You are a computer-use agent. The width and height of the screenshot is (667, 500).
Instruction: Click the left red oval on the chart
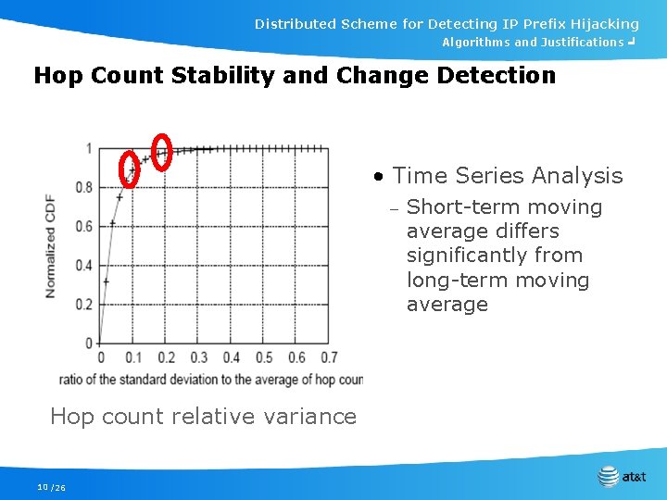click(x=130, y=169)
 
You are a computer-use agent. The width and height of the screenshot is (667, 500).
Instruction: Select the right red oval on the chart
click(x=161, y=152)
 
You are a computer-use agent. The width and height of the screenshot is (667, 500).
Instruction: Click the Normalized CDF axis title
click(x=50, y=245)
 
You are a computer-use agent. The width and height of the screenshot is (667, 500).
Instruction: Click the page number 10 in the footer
click(x=43, y=487)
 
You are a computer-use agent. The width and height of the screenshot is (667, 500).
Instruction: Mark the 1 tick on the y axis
click(x=88, y=149)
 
